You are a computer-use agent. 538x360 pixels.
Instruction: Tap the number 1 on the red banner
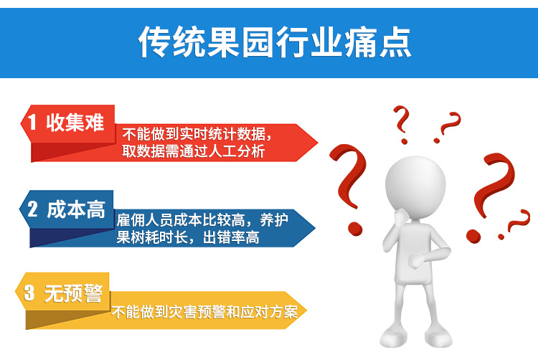[32, 122]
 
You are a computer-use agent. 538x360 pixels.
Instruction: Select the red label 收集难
[75, 122]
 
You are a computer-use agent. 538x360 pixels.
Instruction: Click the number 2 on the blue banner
[32, 209]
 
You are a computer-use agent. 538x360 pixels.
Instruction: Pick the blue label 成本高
[75, 209]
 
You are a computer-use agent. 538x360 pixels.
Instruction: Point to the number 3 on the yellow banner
[29, 293]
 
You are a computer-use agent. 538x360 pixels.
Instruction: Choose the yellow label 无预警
[73, 293]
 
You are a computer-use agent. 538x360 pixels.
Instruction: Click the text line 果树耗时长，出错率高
[188, 237]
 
